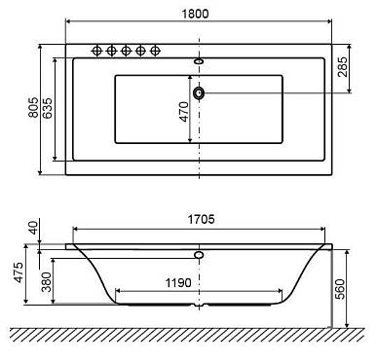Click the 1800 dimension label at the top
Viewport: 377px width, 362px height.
click(195, 14)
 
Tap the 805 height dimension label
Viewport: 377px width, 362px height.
click(33, 107)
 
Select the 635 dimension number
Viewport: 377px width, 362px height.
click(47, 108)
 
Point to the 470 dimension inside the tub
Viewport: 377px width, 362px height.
click(184, 112)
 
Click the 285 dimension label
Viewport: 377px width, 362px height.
click(342, 67)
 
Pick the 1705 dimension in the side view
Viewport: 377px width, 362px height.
click(201, 220)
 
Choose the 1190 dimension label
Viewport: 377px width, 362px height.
click(178, 283)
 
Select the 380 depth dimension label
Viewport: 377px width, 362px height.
click(47, 282)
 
